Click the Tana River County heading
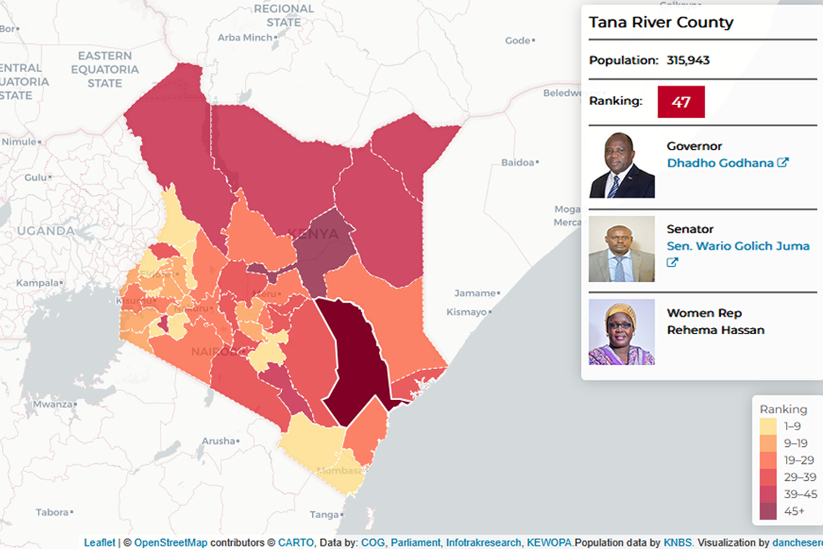[660, 23]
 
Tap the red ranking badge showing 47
[680, 102]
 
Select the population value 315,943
[688, 60]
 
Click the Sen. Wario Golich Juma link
[738, 246]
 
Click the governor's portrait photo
[621, 165]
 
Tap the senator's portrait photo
[621, 249]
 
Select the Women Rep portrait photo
[621, 332]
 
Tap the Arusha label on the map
[219, 441]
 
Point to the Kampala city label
[38, 283]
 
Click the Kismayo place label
[466, 312]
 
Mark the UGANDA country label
[45, 231]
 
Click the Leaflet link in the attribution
[99, 543]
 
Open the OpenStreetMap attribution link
[171, 543]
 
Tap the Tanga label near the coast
[324, 515]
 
